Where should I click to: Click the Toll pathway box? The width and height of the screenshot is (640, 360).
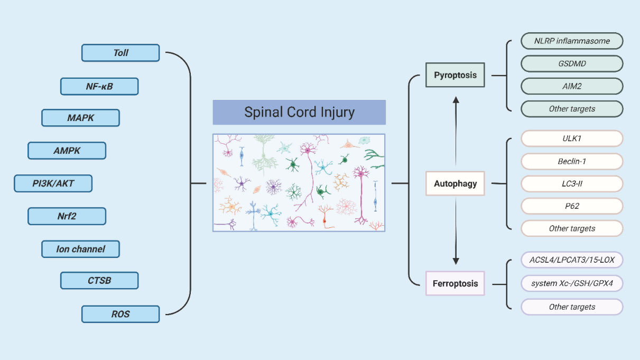click(120, 53)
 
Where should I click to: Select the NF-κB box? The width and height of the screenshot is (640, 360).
click(99, 86)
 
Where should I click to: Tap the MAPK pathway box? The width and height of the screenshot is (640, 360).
click(80, 118)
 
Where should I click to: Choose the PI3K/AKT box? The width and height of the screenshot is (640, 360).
click(53, 183)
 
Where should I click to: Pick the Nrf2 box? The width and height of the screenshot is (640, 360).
click(67, 216)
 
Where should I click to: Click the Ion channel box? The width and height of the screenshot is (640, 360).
click(80, 249)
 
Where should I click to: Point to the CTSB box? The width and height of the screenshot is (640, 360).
click(99, 281)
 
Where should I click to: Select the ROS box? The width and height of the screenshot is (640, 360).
click(120, 315)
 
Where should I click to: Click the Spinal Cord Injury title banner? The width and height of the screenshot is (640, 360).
click(299, 112)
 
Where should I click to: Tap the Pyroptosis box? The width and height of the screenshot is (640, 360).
click(455, 75)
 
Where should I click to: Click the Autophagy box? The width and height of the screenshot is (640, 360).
click(455, 183)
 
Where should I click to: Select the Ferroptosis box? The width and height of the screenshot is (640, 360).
click(455, 283)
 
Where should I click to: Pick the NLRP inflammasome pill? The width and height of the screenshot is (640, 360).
click(572, 41)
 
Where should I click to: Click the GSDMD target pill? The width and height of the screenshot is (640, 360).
click(572, 63)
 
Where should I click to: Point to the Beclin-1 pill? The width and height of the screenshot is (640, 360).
click(572, 161)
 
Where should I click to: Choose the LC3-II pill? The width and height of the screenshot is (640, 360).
click(572, 184)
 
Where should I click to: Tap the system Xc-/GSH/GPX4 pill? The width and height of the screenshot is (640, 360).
click(572, 283)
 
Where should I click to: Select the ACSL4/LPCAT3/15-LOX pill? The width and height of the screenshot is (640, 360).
click(572, 260)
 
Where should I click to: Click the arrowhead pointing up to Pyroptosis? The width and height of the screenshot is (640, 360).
click(456, 100)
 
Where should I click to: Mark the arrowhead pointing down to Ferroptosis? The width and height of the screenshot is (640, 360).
click(456, 261)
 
